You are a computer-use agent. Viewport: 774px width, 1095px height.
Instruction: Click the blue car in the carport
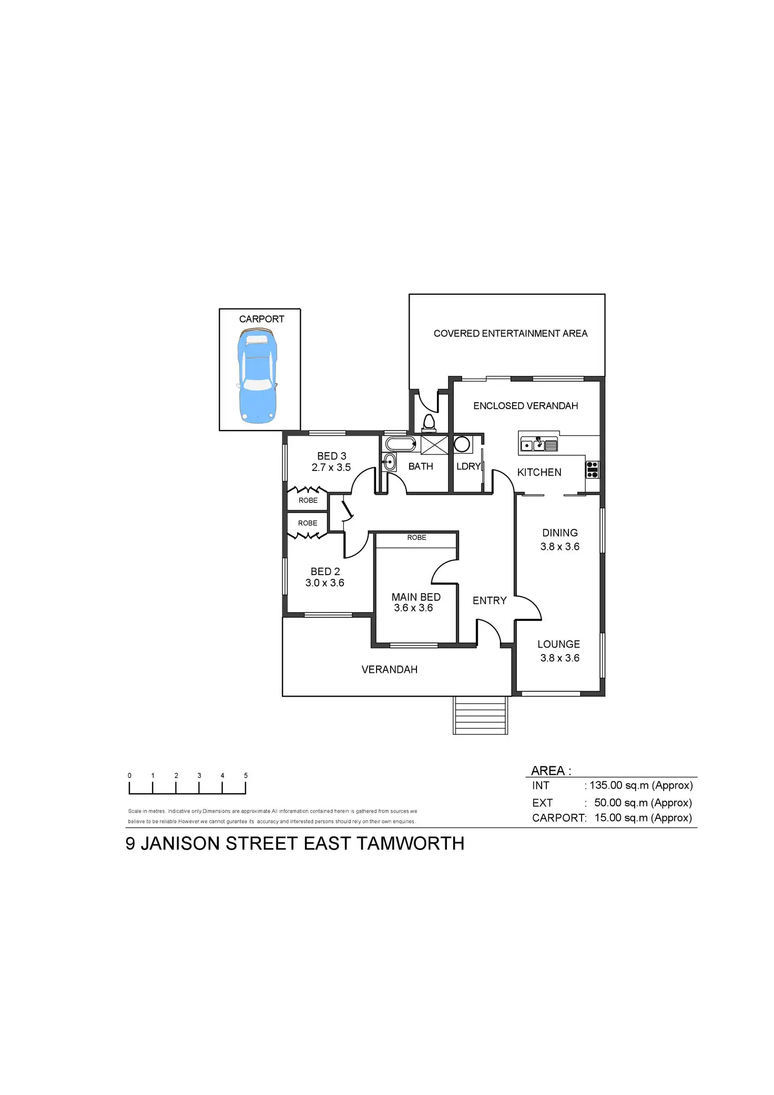[x=258, y=375]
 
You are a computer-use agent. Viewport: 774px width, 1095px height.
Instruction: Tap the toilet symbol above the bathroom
[x=429, y=422]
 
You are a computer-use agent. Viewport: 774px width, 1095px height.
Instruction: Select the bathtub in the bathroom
[x=400, y=444]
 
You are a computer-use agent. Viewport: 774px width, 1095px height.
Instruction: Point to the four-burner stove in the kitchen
[x=593, y=469]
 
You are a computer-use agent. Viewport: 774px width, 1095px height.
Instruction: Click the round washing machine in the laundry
[x=462, y=444]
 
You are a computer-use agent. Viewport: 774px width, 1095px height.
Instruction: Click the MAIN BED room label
[x=416, y=597]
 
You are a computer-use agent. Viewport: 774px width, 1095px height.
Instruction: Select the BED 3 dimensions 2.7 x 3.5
[x=331, y=467]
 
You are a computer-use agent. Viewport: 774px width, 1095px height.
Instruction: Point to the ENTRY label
[x=490, y=600]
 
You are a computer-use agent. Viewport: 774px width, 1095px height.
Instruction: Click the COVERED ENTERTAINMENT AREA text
[x=510, y=333]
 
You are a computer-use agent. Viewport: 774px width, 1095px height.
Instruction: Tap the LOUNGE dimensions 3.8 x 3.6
[x=559, y=658]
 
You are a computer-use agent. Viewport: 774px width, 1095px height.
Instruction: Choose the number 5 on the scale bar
[x=246, y=775]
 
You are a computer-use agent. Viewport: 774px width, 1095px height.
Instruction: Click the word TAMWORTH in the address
[x=410, y=844]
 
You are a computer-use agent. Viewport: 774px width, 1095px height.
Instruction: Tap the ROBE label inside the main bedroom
[x=416, y=537]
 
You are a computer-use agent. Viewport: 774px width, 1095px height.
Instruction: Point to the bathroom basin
[x=389, y=463]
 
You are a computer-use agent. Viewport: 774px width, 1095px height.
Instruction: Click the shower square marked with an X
[x=434, y=445]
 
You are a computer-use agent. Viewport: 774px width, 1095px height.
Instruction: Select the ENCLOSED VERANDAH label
[x=525, y=406]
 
